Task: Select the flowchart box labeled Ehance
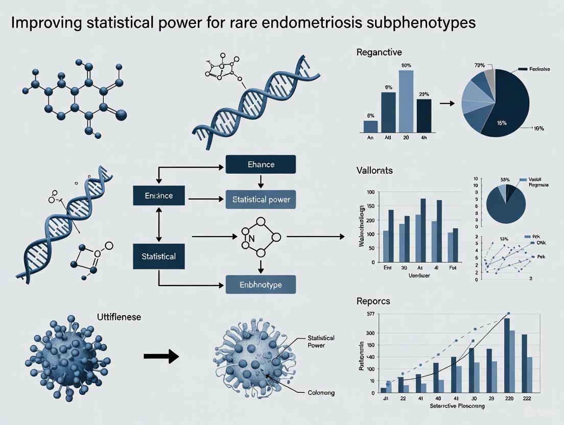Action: point(261,164)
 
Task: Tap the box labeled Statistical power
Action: point(261,199)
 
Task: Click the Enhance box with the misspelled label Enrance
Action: point(158,196)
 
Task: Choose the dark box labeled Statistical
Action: point(158,256)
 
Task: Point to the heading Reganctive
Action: point(380,52)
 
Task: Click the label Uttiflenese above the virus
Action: point(119,317)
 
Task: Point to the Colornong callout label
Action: point(321,392)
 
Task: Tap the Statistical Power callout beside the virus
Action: point(321,341)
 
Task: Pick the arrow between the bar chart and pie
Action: point(447,104)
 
